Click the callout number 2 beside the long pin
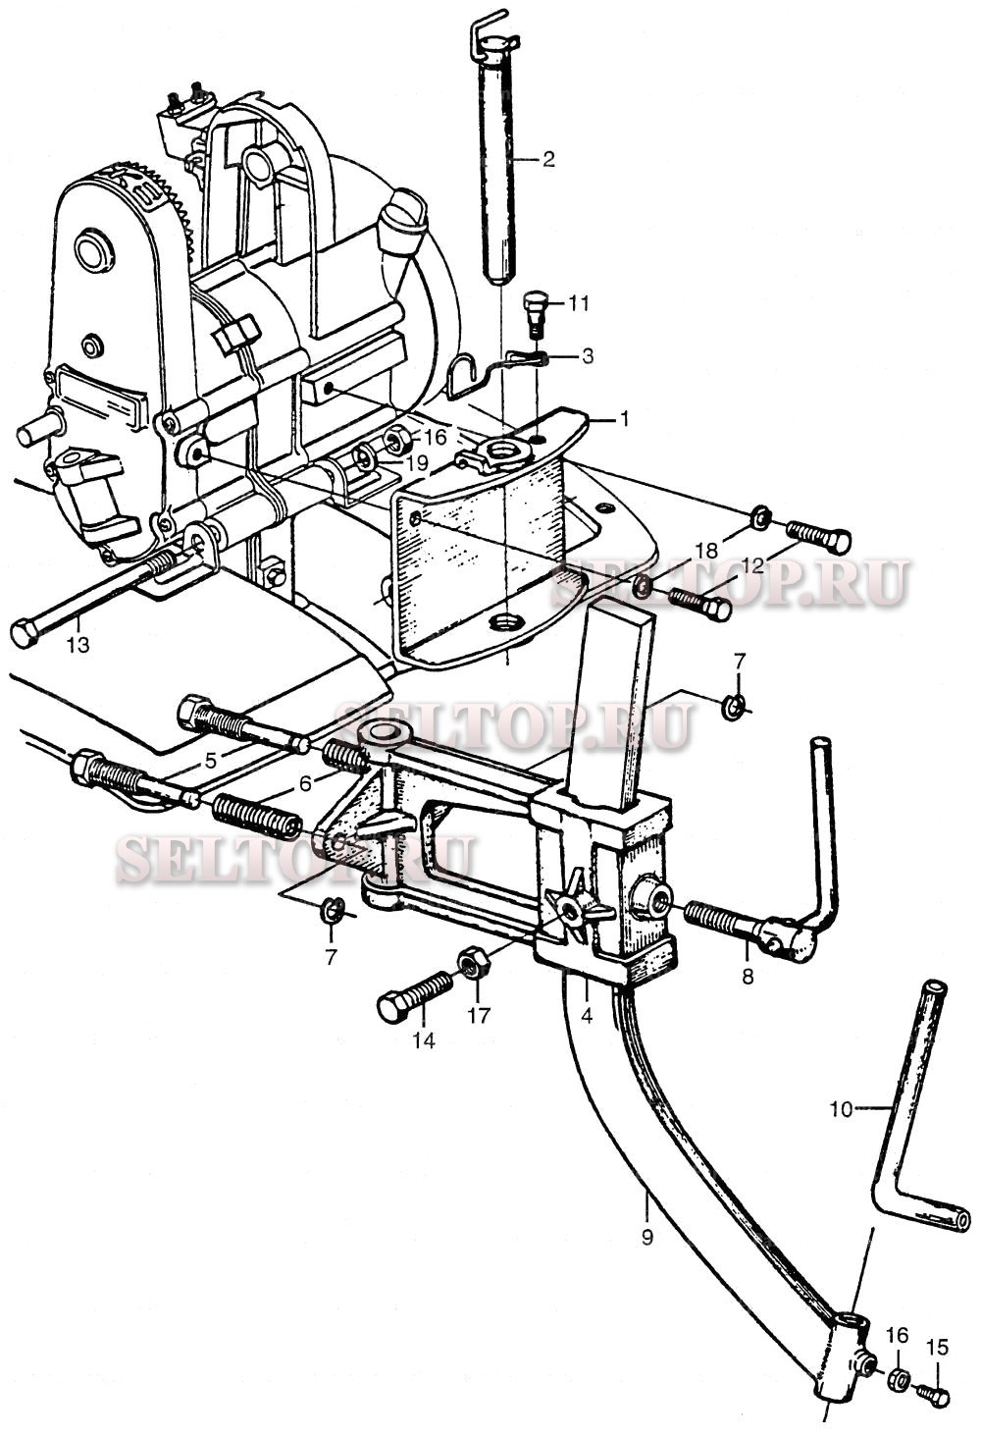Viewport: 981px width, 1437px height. (548, 159)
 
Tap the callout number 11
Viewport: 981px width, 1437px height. (580, 303)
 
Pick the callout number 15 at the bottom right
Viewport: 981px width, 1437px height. (939, 1348)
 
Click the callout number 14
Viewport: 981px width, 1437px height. (423, 1041)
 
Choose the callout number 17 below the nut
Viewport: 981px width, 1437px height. (478, 1016)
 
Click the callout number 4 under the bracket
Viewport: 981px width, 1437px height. (587, 1016)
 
